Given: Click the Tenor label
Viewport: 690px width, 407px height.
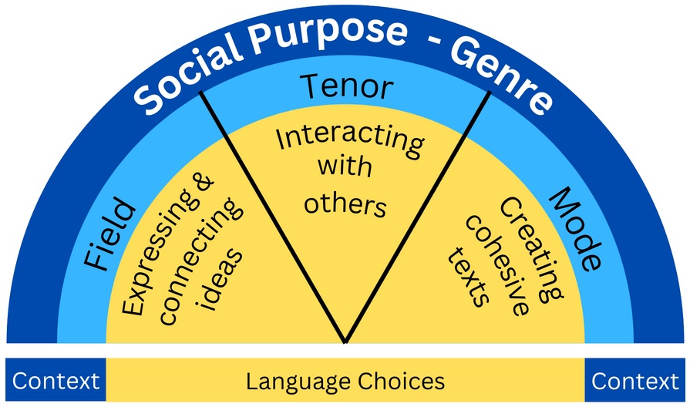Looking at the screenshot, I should pyautogui.click(x=346, y=86).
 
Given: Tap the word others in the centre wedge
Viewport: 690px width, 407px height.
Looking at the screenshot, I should pyautogui.click(x=344, y=203).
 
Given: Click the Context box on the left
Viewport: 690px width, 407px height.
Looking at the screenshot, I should pyautogui.click(x=56, y=381).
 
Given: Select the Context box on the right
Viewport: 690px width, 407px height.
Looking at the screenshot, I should pyautogui.click(x=635, y=381).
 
